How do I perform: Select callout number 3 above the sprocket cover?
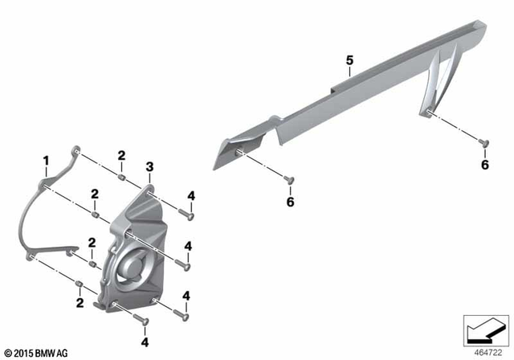pyautogui.click(x=149, y=167)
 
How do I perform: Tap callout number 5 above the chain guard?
pyautogui.click(x=349, y=60)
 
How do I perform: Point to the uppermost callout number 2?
pyautogui.click(x=121, y=155)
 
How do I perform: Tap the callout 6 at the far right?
pyautogui.click(x=484, y=165)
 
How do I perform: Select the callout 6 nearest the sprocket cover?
pyautogui.click(x=291, y=202)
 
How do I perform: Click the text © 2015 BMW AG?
pyautogui.click(x=36, y=353)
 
